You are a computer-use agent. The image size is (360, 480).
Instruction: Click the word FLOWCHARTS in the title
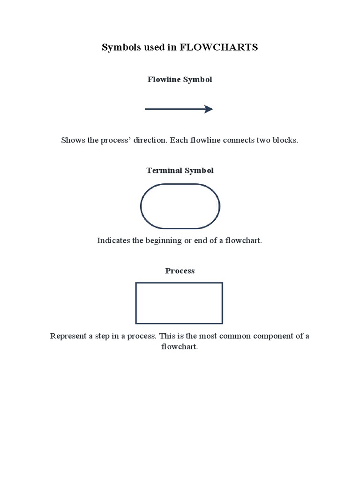pyautogui.click(x=219, y=47)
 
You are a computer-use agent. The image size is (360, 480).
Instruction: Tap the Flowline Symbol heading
pyautogui.click(x=180, y=80)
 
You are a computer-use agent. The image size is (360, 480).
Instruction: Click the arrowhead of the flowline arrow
pyautogui.click(x=208, y=109)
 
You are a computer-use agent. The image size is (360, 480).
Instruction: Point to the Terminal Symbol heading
pyautogui.click(x=180, y=171)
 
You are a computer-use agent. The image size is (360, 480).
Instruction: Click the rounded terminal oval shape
pyautogui.click(x=180, y=206)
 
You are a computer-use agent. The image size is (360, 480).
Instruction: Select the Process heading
pyautogui.click(x=180, y=271)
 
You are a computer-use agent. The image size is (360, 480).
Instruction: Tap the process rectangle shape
pyautogui.click(x=179, y=303)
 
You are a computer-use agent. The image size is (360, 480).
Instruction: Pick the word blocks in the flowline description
pyautogui.click(x=286, y=141)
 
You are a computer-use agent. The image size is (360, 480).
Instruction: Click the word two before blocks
pyautogui.click(x=262, y=141)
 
